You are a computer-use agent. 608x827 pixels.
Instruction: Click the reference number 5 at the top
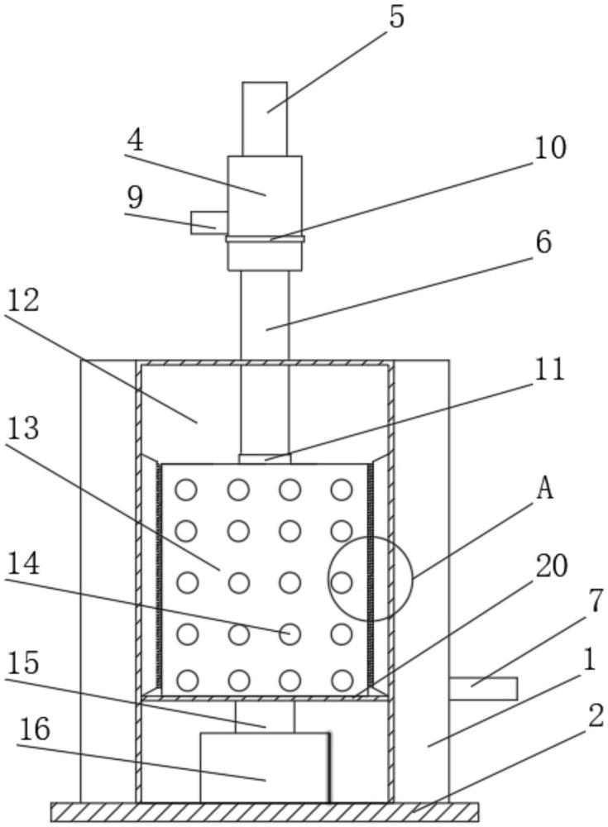[x=397, y=17]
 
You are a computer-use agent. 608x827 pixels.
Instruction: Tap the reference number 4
[x=134, y=141]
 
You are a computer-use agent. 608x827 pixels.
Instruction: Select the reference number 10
[x=550, y=148]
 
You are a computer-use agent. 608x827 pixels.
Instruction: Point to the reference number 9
[x=134, y=198]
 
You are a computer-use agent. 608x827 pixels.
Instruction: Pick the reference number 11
[x=549, y=369]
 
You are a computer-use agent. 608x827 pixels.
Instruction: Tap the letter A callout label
[x=544, y=489]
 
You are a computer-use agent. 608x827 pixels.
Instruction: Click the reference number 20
[x=552, y=566]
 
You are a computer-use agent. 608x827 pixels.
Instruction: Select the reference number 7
[x=596, y=602]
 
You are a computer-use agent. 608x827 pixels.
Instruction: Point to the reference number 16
[x=34, y=729]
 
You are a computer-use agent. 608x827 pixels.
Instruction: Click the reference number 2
[x=596, y=716]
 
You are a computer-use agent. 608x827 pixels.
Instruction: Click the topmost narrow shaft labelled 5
[x=265, y=117]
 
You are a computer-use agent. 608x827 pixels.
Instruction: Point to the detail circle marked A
[x=370, y=579]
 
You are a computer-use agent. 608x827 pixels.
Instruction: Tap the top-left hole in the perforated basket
[x=187, y=490]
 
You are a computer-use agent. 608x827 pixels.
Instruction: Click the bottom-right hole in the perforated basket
[x=342, y=681]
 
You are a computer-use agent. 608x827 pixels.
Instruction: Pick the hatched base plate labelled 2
[x=265, y=811]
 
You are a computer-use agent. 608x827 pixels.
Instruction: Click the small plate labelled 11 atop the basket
[x=265, y=458]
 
